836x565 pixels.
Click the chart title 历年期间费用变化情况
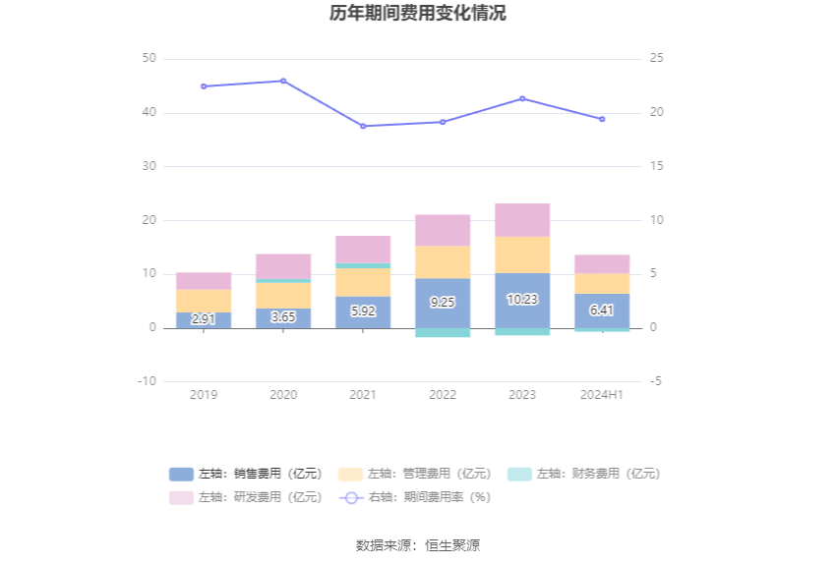pos(417,14)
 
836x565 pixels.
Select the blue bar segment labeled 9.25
pos(443,303)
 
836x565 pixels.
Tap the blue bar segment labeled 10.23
pos(522,300)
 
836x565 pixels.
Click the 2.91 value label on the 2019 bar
pos(204,319)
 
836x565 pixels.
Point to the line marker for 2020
pos(283,81)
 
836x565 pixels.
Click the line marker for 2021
pos(363,126)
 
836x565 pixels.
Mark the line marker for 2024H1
pos(602,119)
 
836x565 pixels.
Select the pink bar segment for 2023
pos(522,220)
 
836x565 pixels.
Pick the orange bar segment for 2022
pos(443,261)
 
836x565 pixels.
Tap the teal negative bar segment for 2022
pos(443,332)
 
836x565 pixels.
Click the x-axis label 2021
pos(363,394)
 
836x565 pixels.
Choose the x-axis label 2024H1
pos(602,394)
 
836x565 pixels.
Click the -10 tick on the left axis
pos(146,381)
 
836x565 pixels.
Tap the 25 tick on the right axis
pos(657,59)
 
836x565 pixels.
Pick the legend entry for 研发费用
pos(245,497)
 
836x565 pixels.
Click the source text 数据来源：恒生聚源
pos(417,545)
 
